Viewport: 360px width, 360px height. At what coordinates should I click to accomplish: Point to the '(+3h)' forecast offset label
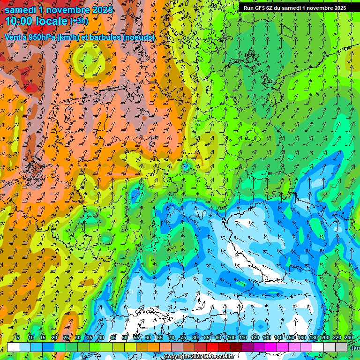click(x=79, y=21)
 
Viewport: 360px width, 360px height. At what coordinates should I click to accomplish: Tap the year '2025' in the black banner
click(x=337, y=7)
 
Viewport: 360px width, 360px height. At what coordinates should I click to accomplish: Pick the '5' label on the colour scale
click(x=18, y=337)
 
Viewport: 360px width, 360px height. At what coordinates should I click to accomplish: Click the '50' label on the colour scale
click(x=125, y=337)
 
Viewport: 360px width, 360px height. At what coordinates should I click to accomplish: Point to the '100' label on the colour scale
click(x=231, y=337)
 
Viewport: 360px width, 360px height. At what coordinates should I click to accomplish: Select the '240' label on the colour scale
click(x=349, y=337)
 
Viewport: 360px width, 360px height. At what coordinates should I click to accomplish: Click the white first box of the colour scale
click(x=13, y=347)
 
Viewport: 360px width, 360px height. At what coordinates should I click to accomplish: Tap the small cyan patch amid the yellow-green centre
click(x=186, y=165)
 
